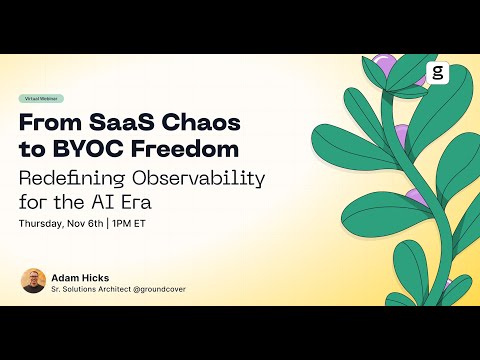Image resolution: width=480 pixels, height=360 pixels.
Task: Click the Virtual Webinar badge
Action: (42, 99)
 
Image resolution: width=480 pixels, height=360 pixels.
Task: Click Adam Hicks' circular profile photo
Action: (33, 281)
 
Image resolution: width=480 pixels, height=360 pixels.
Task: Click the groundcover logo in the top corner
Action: (437, 73)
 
